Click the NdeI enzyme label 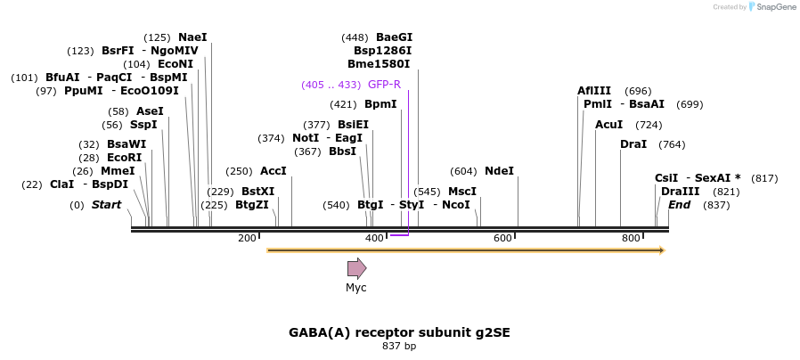[499, 171]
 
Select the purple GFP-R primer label [384, 85]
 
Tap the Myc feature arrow [356, 268]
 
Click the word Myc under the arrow [356, 288]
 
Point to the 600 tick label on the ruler [502, 238]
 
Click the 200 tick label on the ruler [247, 238]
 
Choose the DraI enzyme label [633, 144]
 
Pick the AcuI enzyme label [609, 125]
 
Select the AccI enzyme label [273, 171]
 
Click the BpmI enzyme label [380, 104]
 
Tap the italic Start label [106, 205]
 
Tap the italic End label [679, 205]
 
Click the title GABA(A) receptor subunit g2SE [399, 332]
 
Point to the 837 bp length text [399, 346]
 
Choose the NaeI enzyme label [192, 37]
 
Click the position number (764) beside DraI [672, 144]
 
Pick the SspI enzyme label [143, 125]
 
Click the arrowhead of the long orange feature [661, 250]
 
